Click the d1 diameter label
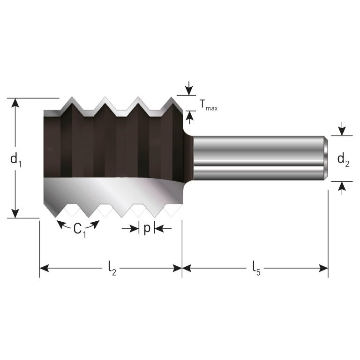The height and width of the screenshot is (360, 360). click(16, 159)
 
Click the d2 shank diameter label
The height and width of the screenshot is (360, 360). click(344, 160)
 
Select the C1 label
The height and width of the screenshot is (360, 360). click(79, 230)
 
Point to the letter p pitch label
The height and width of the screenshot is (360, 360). click(147, 229)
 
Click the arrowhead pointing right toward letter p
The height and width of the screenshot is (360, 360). click(135, 229)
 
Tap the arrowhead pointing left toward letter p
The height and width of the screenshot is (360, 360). click(158, 229)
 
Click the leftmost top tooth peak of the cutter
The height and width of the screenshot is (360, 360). click(72, 99)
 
